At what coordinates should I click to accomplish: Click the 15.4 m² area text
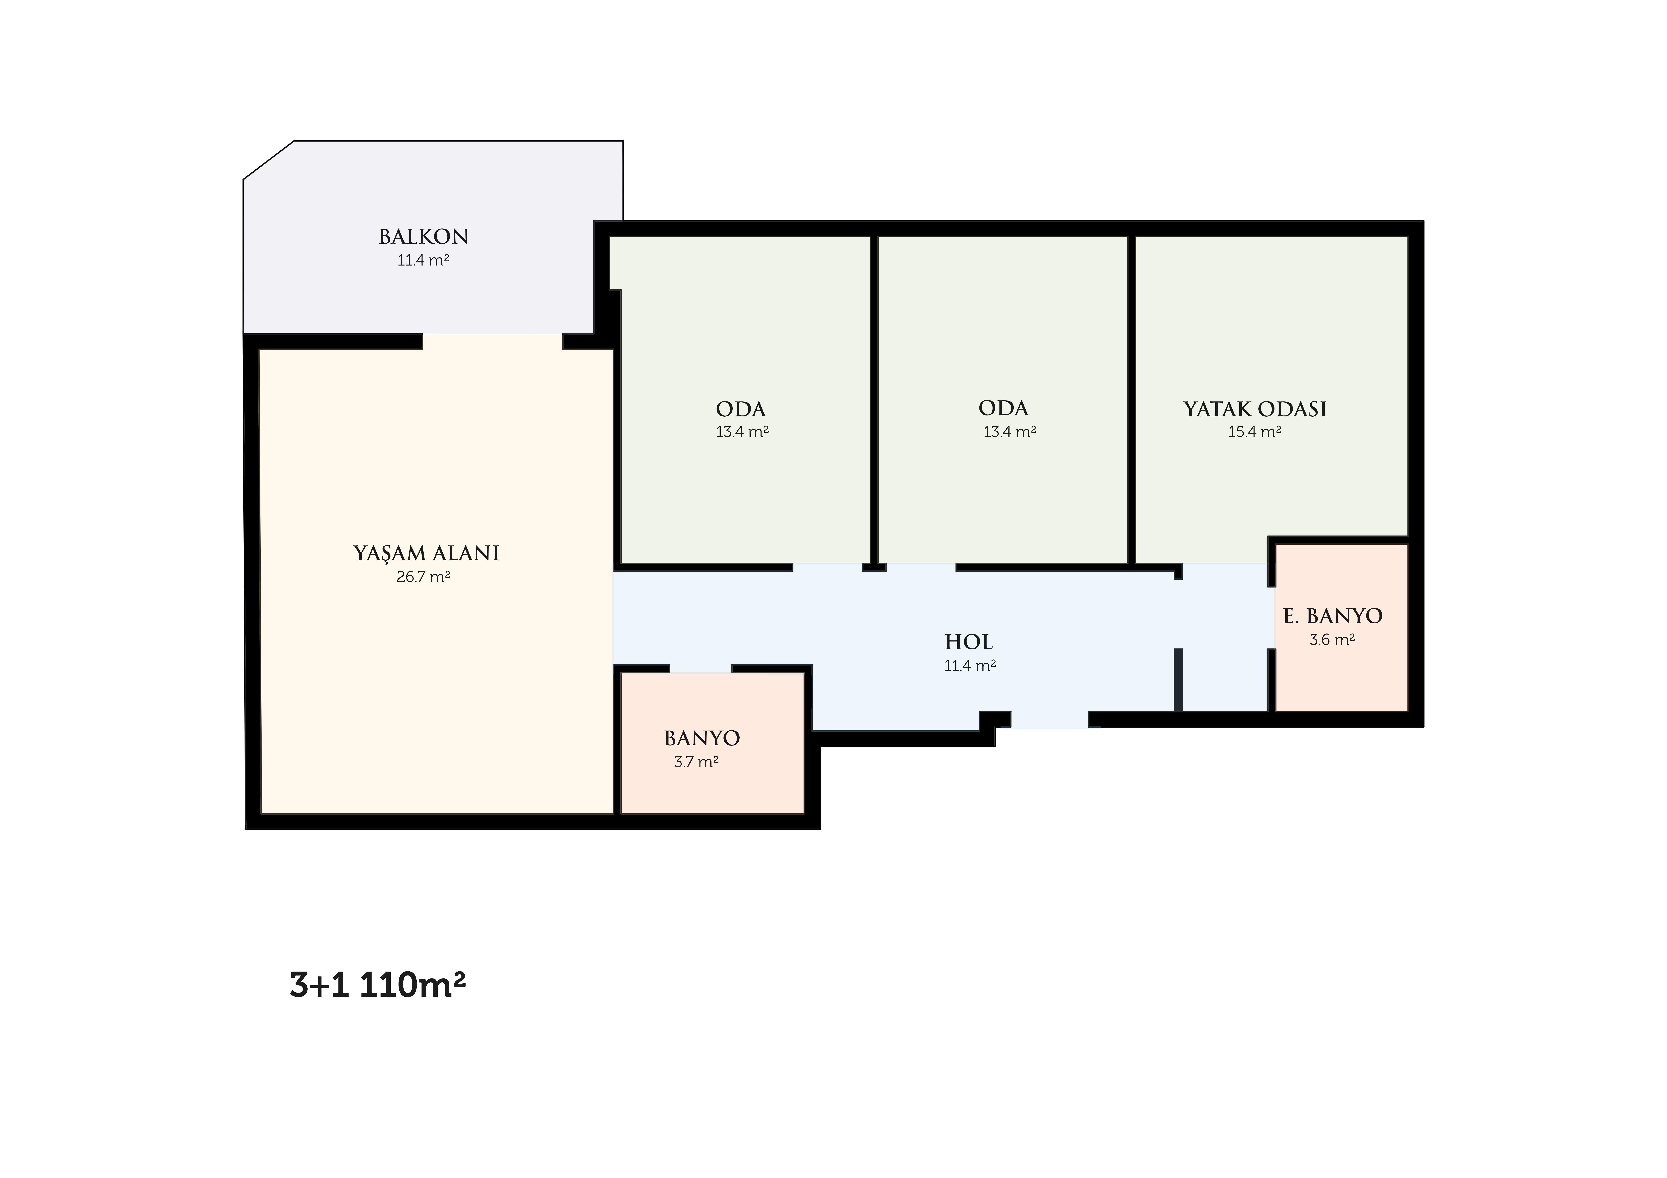[1255, 432]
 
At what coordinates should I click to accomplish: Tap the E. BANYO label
[1333, 616]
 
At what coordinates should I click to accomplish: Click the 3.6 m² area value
[1332, 640]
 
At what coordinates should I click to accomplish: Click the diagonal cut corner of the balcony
[269, 160]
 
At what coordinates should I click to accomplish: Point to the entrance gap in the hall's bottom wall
[1050, 719]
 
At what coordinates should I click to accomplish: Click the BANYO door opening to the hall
[700, 668]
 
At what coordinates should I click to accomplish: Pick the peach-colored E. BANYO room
[1342, 628]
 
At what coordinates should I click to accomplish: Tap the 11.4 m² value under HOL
[970, 666]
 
